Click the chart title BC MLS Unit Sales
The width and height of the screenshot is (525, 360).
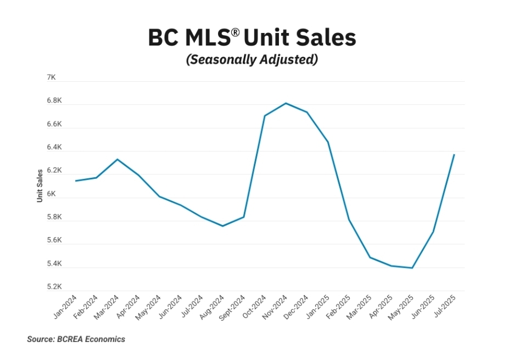(252, 37)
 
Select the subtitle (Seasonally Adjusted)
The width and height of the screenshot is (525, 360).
(252, 60)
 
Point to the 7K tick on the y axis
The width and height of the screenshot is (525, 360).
(51, 78)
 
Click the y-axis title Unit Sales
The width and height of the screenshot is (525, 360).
(40, 185)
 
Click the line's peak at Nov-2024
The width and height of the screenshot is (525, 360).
(286, 103)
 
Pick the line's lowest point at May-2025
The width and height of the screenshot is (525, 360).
(412, 268)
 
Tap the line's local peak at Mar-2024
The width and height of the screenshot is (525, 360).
(117, 159)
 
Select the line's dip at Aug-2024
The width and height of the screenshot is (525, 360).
(222, 226)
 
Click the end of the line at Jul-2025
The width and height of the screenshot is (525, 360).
(454, 155)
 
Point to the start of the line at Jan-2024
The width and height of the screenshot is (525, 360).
(75, 181)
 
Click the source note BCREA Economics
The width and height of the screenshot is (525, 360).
(76, 339)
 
